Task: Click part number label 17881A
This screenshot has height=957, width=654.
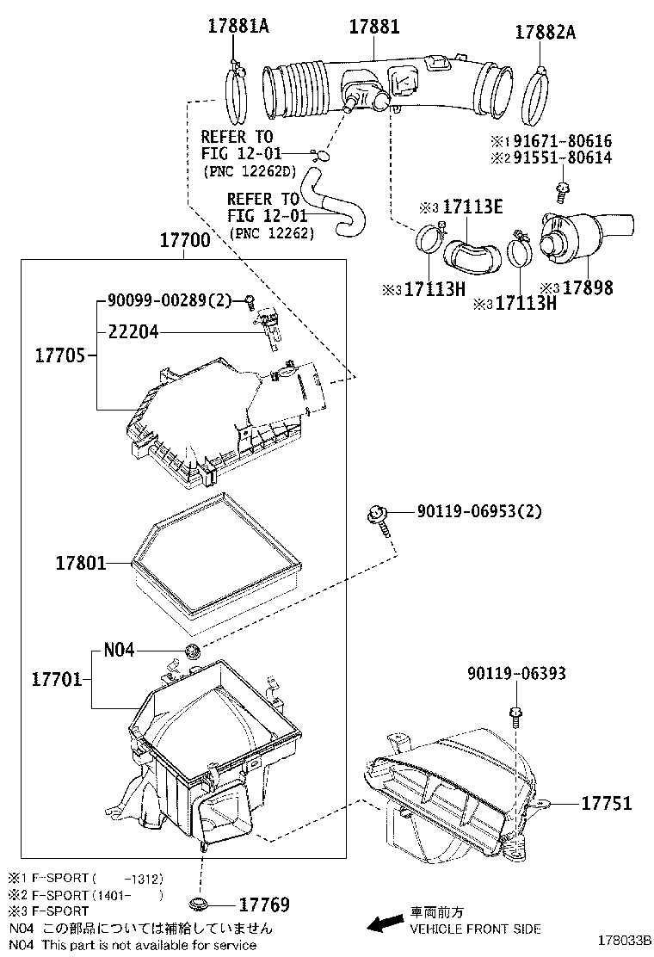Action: tap(238, 27)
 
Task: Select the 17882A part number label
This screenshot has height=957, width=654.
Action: tap(545, 33)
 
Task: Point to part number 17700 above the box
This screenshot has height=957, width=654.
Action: tap(184, 241)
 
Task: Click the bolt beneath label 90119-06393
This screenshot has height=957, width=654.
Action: tap(515, 713)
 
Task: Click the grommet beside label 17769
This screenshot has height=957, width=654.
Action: tap(199, 905)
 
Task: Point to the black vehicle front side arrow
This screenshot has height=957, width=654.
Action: tap(384, 923)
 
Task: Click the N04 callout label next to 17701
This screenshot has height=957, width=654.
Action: tap(119, 650)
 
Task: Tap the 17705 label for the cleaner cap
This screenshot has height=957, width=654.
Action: tap(60, 354)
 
